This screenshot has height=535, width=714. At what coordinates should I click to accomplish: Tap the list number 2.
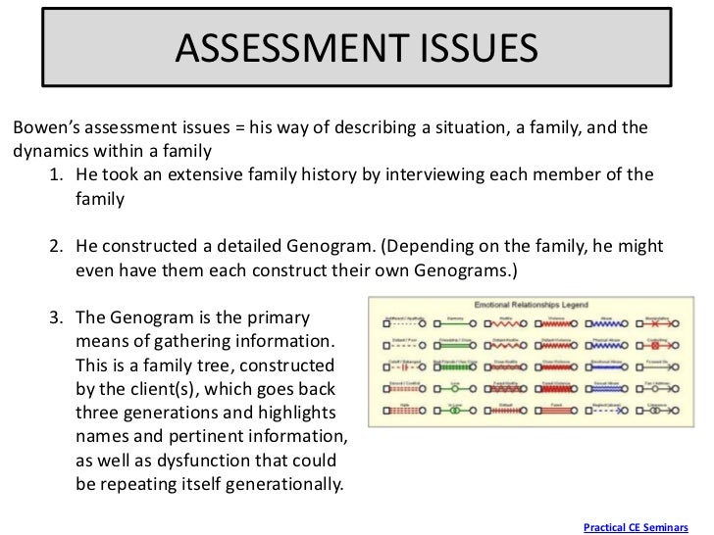point(57,245)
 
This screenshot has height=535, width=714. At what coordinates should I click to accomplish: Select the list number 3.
point(57,319)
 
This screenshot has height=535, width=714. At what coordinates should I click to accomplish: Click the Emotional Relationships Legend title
point(531,305)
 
